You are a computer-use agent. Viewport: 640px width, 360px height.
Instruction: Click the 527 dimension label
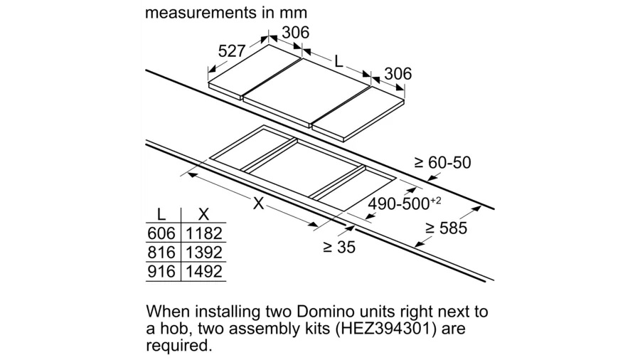tap(231, 51)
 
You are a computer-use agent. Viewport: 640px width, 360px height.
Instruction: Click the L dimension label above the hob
tap(338, 62)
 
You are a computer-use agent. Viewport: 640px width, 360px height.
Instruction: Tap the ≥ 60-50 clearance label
tap(442, 162)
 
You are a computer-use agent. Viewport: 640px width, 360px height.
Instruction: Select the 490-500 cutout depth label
tap(405, 203)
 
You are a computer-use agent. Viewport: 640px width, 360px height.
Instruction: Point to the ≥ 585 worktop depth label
tap(446, 228)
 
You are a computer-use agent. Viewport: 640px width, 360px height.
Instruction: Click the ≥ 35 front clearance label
tap(339, 247)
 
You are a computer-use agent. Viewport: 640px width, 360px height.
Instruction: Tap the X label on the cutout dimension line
tap(258, 203)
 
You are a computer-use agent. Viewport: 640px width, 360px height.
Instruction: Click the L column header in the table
tap(161, 214)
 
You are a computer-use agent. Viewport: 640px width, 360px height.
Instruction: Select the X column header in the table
tap(203, 214)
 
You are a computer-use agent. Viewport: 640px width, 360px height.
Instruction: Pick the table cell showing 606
tap(161, 233)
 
